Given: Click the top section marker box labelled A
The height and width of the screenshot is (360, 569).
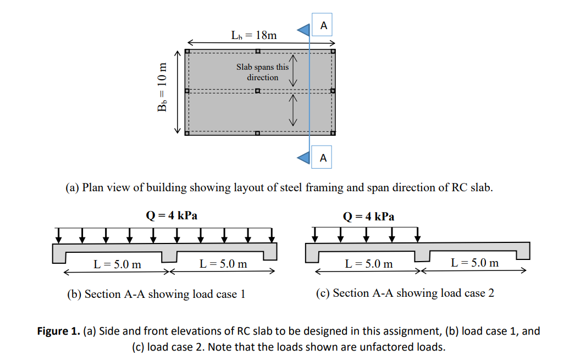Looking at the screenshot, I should [323, 25].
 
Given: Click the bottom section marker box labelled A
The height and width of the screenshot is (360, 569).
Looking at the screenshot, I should [323, 158].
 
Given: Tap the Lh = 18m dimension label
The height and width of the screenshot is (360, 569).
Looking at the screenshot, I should [254, 35].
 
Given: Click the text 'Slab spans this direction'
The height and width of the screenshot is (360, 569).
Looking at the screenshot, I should [262, 72].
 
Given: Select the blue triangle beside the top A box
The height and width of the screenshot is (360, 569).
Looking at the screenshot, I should [303, 29].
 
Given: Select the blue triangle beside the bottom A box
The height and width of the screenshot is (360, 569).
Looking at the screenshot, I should [304, 157].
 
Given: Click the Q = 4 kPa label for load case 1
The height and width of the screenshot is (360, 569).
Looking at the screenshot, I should [171, 215].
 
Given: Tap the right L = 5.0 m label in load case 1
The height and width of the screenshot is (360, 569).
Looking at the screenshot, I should [223, 264].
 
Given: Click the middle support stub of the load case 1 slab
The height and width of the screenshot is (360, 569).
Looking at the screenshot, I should [169, 257].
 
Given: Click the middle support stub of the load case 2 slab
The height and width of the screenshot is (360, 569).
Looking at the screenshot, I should [422, 255].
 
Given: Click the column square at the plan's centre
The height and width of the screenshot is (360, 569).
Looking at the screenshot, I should [258, 91].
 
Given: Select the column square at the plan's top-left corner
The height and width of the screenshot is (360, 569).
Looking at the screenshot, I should [187, 51].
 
